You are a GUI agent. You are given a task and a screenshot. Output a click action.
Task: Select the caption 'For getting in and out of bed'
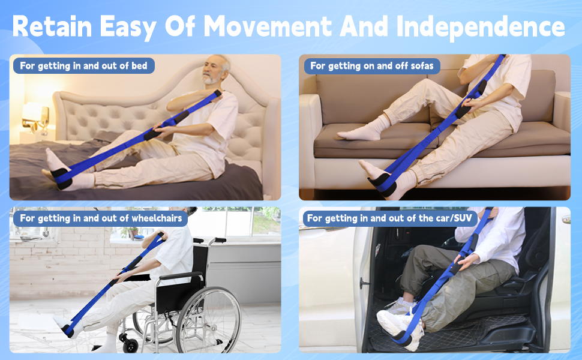pyautogui.click(x=83, y=65)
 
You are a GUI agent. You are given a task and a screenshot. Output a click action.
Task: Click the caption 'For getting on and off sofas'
pyautogui.click(x=371, y=65)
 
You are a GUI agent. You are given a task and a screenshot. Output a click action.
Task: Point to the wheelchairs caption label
pyautogui.click(x=101, y=218)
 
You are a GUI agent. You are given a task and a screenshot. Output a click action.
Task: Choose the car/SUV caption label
pyautogui.click(x=391, y=218)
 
